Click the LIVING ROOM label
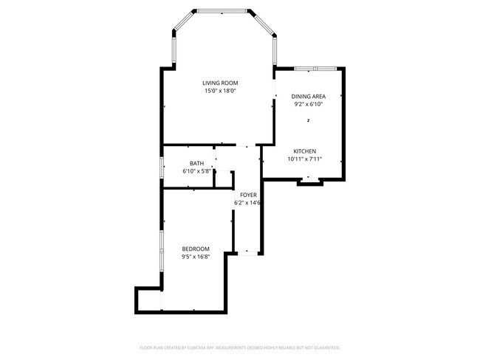pos(221,83)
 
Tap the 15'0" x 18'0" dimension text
pos(221,91)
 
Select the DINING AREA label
pos(308,96)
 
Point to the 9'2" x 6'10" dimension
pos(308,105)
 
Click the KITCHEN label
pos(304,150)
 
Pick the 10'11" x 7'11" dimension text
pos(304,159)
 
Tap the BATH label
pos(196,163)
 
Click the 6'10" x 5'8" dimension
pos(197,171)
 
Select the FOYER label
pos(248,194)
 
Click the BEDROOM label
pos(196,249)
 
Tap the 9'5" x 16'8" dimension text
pos(196,257)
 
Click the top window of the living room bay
pos(223,10)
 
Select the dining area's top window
pos(316,69)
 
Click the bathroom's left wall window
pos(162,167)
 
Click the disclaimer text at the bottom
pos(240,347)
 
